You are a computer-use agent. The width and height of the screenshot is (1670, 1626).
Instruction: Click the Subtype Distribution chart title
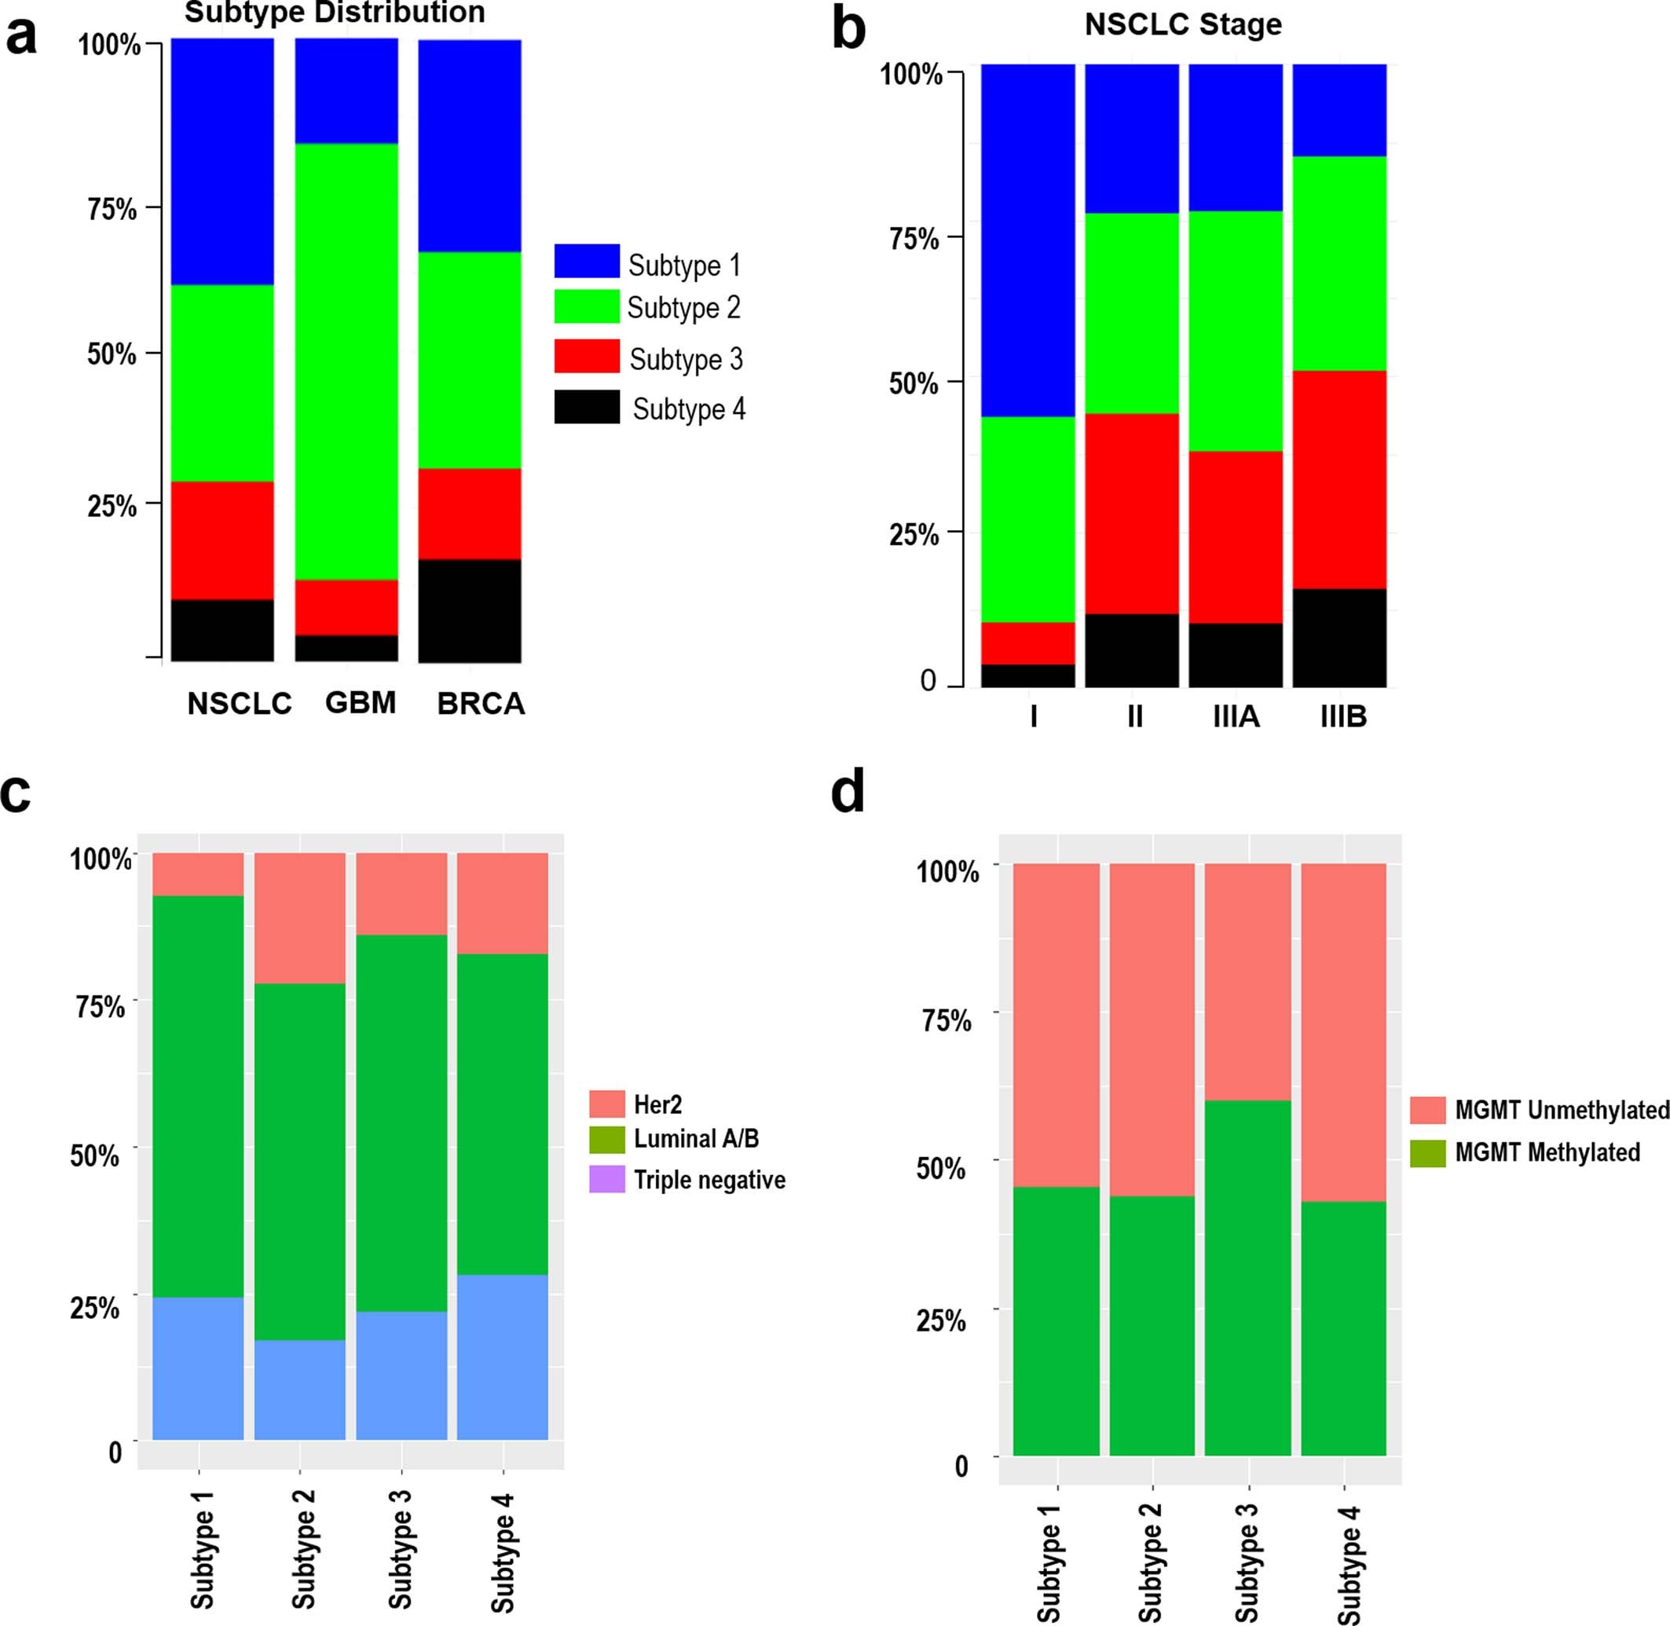(335, 13)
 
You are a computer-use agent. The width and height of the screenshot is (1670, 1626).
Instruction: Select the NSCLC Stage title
(1182, 24)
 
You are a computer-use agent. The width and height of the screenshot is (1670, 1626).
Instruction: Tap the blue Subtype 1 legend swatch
(587, 262)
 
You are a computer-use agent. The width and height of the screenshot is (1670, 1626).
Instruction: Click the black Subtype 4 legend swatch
(587, 408)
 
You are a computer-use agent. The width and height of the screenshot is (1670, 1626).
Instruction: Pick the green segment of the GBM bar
(346, 361)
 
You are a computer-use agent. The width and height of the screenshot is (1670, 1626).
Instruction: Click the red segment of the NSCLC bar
(222, 540)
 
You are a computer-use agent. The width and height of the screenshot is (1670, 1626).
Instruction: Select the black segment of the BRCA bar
(470, 610)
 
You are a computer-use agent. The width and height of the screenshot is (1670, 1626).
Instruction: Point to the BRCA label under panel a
(481, 704)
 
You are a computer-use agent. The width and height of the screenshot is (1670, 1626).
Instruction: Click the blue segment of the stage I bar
(1027, 240)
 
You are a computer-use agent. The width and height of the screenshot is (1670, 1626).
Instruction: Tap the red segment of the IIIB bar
(1339, 479)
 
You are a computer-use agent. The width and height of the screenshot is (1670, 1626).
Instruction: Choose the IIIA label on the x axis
(1236, 716)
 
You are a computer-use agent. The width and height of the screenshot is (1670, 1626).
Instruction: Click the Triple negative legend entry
(709, 1179)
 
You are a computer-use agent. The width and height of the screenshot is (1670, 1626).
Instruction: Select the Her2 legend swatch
(606, 1104)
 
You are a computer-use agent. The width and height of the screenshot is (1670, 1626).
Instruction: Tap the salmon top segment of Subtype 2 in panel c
(300, 918)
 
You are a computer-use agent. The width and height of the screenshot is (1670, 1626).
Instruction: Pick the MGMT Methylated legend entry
(1546, 1152)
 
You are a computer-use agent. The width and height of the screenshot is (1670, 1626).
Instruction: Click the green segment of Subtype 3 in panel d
(1247, 1277)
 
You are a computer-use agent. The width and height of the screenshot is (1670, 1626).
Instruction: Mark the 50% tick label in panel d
(942, 1167)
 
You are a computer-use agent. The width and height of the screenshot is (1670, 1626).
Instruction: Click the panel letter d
(847, 792)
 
